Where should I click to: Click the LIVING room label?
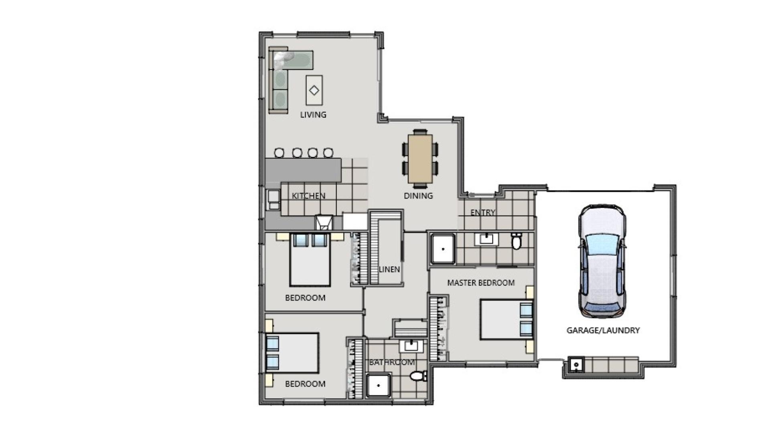(x=313, y=115)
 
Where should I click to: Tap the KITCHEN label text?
(x=308, y=196)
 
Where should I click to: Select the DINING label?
(x=418, y=196)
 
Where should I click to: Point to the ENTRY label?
(x=482, y=212)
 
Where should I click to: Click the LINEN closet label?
(x=389, y=269)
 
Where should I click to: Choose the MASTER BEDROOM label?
(x=481, y=283)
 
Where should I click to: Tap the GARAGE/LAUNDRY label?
(x=603, y=330)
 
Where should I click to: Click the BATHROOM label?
(x=392, y=362)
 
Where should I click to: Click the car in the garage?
(x=602, y=261)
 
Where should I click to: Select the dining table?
(x=420, y=159)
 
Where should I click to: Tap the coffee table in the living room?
(x=314, y=90)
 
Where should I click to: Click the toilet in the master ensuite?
(x=517, y=241)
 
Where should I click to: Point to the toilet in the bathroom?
(x=418, y=376)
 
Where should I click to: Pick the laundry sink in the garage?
(x=576, y=365)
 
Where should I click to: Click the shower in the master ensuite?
(x=443, y=249)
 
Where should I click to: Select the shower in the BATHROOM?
(x=379, y=385)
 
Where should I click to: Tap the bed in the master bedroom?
(x=507, y=319)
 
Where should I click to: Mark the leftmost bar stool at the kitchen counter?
(x=279, y=153)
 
